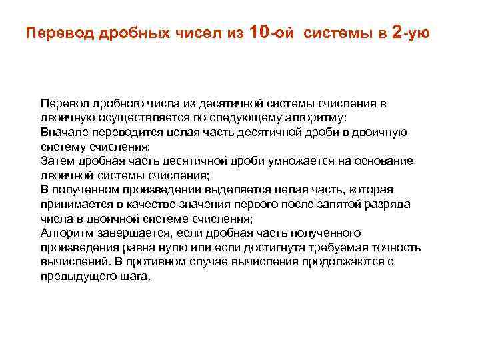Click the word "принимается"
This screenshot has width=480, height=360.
click(x=75, y=204)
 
